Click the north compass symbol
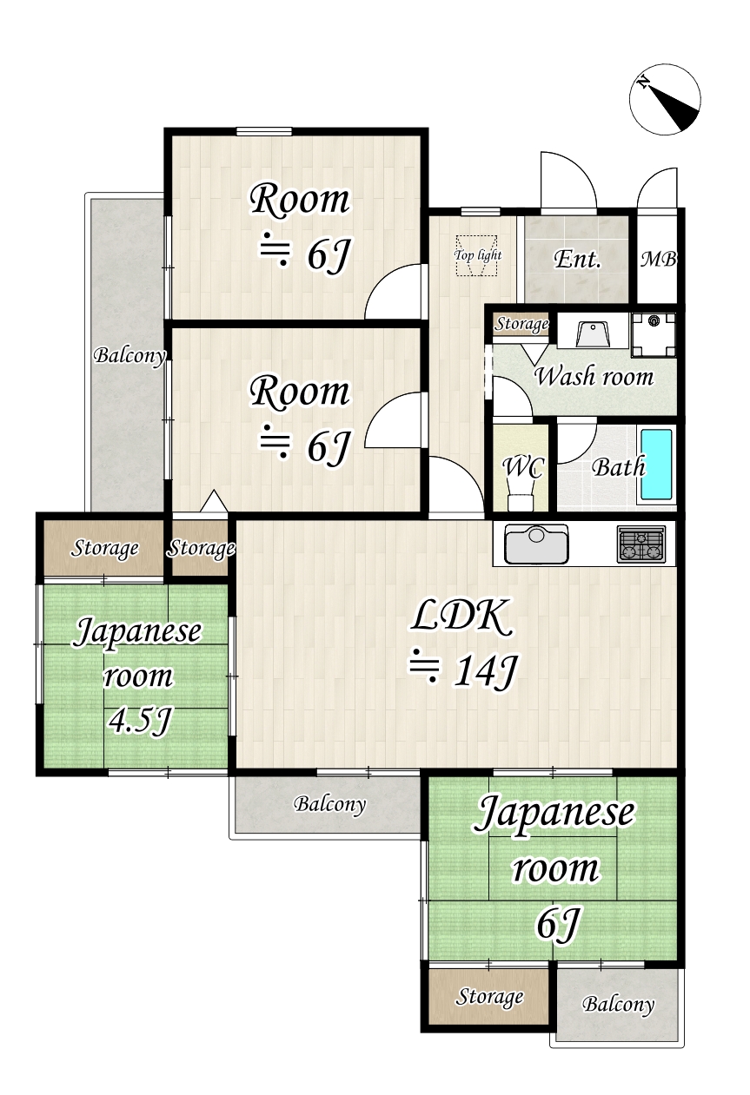tap(665, 99)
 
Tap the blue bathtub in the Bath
tap(657, 465)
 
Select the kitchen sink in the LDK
tap(535, 544)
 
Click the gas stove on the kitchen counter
tap(640, 544)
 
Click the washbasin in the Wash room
tap(594, 333)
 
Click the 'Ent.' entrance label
tap(577, 258)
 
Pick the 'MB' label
tap(659, 259)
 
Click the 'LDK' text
tap(460, 617)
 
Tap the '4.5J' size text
tap(138, 720)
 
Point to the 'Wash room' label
tap(594, 377)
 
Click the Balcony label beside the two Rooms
tap(129, 355)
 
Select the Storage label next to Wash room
tap(522, 325)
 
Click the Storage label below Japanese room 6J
tap(490, 997)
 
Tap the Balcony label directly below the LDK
tap(329, 804)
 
